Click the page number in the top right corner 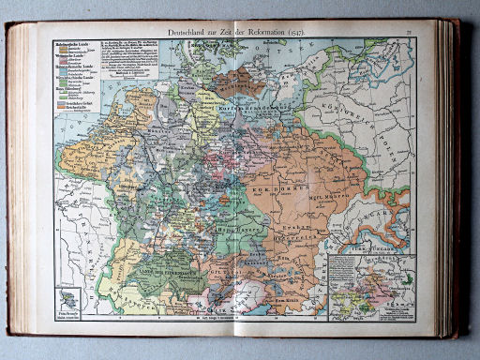[411, 33]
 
